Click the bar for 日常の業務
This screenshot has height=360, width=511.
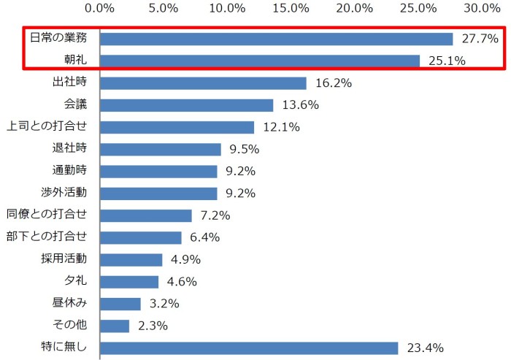coord(276,39)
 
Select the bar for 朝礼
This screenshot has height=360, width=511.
coord(259,61)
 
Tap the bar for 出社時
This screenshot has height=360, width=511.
coord(203,83)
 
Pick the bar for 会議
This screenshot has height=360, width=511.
coord(186,105)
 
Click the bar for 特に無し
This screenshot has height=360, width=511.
coord(248,348)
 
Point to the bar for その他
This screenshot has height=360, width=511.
coord(115,326)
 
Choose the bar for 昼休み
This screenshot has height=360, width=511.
coord(120,304)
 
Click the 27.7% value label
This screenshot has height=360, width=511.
coord(480,39)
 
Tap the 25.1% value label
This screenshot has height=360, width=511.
coord(447,61)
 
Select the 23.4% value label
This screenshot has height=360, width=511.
coord(425,348)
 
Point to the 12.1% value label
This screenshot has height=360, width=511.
coord(281,127)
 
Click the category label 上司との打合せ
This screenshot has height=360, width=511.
coord(47,127)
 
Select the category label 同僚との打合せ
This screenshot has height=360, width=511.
coord(47,215)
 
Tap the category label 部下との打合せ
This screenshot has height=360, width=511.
coord(47,237)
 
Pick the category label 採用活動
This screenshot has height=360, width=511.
coord(64,258)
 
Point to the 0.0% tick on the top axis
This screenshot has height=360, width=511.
coord(100,8)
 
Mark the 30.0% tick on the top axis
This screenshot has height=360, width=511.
coord(481,8)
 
